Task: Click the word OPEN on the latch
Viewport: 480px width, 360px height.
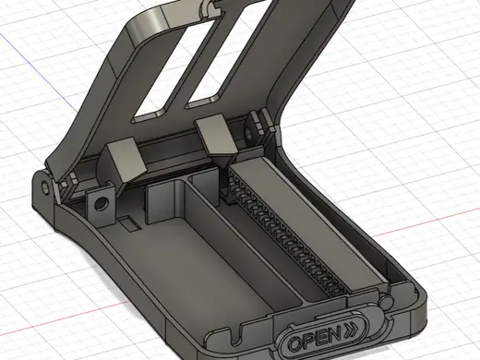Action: (x=315, y=338)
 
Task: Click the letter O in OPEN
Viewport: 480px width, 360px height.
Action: (x=296, y=343)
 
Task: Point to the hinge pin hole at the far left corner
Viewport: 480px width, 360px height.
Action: (x=46, y=186)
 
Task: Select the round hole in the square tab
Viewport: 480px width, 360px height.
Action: (x=100, y=203)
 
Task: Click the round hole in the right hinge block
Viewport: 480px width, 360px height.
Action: (x=248, y=133)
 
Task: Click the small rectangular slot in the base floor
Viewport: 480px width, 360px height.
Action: (x=129, y=223)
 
